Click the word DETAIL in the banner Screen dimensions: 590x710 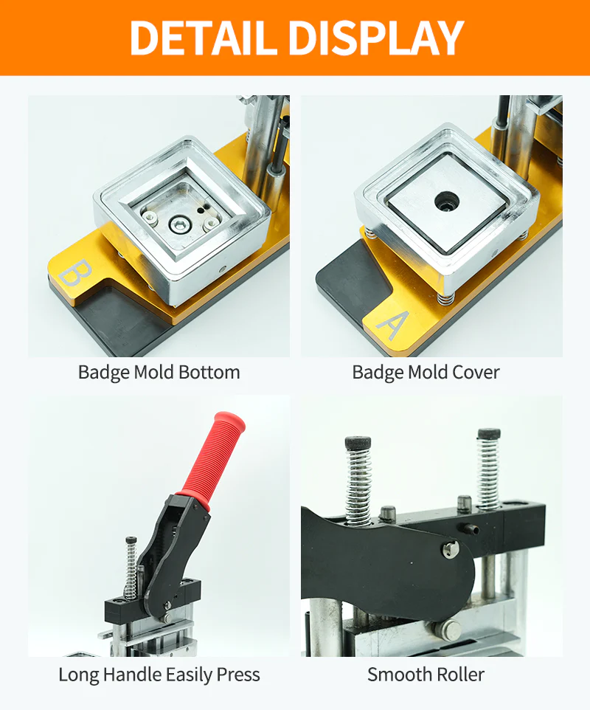pos(203,38)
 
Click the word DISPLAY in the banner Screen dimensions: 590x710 pos(376,38)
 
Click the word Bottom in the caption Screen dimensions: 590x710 pos(209,373)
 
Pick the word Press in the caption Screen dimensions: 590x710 pos(238,675)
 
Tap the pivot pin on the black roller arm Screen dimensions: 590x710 pos(450,548)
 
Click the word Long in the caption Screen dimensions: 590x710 pos(78,675)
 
